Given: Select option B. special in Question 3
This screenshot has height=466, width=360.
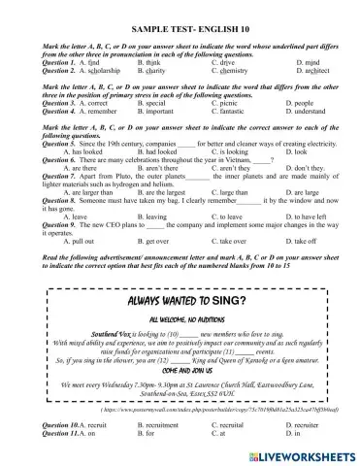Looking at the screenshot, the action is (156, 102).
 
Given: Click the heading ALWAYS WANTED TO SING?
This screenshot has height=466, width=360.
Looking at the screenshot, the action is (180, 302).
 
